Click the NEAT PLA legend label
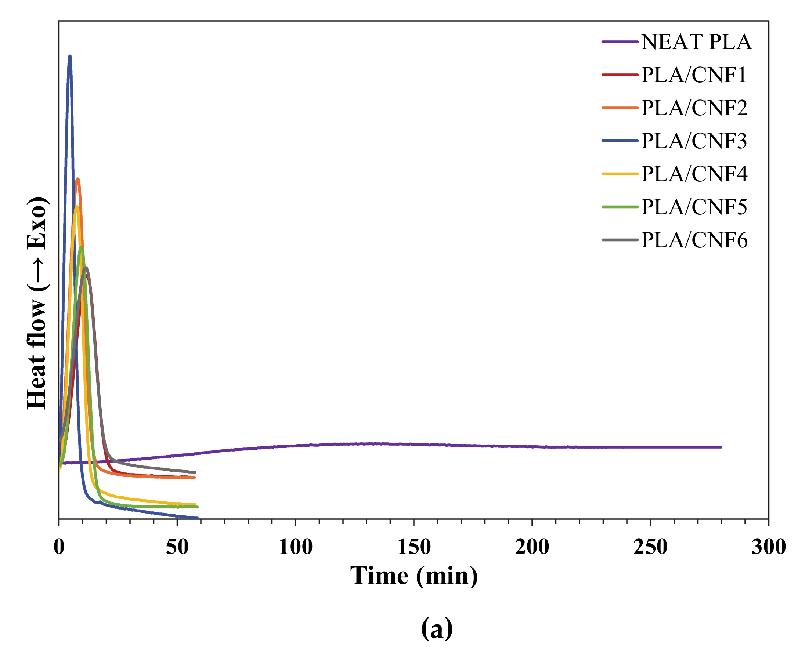(x=696, y=42)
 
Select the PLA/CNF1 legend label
(x=693, y=75)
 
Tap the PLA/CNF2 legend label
(x=694, y=108)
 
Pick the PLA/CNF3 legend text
(x=694, y=141)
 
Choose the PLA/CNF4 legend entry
(x=694, y=174)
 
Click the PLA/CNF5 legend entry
(x=694, y=207)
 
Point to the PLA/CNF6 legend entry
(x=694, y=240)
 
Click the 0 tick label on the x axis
(x=59, y=547)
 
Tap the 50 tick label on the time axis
(x=177, y=547)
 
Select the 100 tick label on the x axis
(x=296, y=547)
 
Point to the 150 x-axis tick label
(x=414, y=547)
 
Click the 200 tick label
(x=532, y=547)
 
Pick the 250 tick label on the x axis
(x=650, y=547)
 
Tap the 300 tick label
(x=768, y=547)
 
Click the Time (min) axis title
(x=414, y=576)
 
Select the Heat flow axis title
(x=37, y=303)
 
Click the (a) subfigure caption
(x=437, y=628)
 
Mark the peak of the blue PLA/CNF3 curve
(x=69, y=57)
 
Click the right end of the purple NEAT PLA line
(x=721, y=447)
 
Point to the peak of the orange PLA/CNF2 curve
(x=77, y=179)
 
